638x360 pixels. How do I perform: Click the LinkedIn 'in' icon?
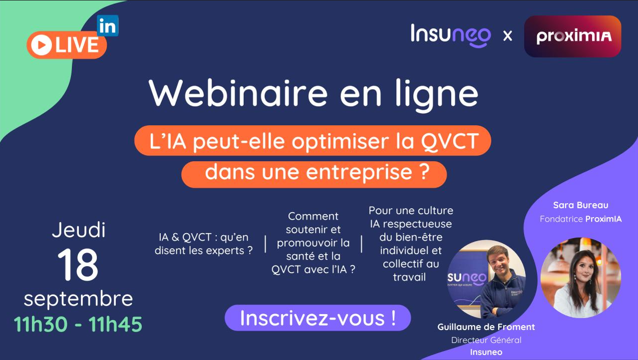(x=108, y=25)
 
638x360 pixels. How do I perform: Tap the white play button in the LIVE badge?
(x=41, y=45)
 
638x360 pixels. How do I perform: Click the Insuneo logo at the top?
(x=451, y=35)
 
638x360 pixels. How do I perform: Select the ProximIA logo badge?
(x=573, y=36)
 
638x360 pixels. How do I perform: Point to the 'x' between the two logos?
(x=508, y=36)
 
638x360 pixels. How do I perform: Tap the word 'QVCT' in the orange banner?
(x=450, y=141)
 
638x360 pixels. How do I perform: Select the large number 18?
(x=78, y=264)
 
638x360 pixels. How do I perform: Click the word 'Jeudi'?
(x=78, y=230)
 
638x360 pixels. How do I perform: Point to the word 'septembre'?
(x=78, y=299)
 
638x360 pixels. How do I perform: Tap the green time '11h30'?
(x=40, y=324)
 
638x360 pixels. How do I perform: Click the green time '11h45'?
(x=115, y=324)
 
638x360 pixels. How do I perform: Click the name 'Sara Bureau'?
(x=581, y=205)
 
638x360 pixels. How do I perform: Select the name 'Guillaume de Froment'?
(x=486, y=327)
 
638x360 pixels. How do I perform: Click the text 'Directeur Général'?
(x=486, y=340)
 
